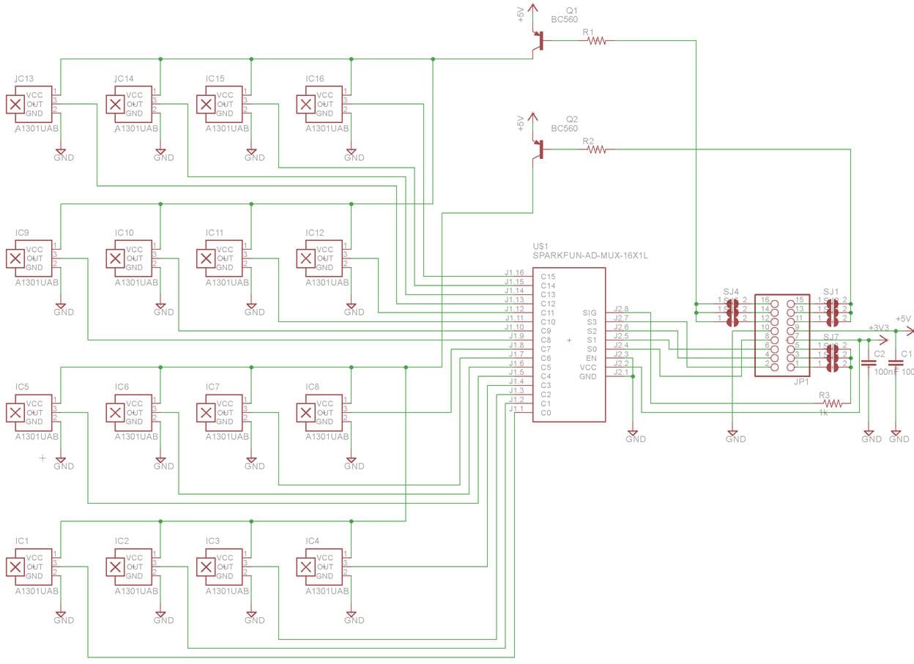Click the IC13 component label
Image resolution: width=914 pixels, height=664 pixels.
click(23, 78)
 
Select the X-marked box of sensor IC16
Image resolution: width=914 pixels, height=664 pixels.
click(305, 104)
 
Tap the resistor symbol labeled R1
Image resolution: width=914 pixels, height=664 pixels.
click(596, 42)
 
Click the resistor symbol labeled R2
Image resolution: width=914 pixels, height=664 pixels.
click(596, 149)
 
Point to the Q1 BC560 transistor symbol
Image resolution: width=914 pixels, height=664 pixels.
click(540, 41)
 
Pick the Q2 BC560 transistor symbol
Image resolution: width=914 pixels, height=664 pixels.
click(540, 149)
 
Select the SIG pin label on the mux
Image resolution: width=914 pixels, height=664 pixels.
click(590, 313)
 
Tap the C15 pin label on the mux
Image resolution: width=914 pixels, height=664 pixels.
click(548, 277)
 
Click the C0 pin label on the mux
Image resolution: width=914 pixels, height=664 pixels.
click(546, 413)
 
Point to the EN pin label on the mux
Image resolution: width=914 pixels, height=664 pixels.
click(591, 358)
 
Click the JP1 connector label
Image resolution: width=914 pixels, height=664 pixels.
click(800, 381)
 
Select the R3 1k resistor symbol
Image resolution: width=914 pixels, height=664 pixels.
click(831, 403)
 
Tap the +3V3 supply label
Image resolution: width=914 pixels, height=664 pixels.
click(878, 328)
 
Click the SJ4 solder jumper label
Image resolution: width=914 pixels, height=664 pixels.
click(731, 291)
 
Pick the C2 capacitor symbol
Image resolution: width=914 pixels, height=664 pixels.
click(869, 363)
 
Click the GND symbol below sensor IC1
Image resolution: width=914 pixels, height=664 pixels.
click(62, 616)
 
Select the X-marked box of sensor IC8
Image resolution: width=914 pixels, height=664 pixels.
click(305, 413)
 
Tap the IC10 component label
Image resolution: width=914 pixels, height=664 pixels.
click(124, 233)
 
